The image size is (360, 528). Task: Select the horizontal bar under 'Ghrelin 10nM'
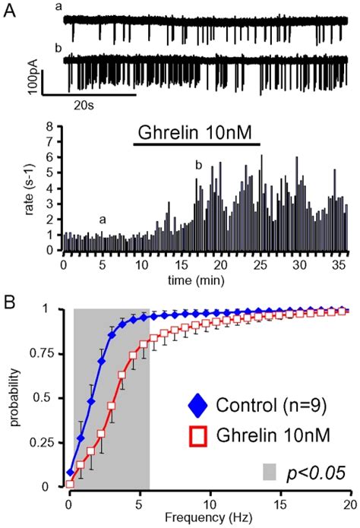tap(197, 144)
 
